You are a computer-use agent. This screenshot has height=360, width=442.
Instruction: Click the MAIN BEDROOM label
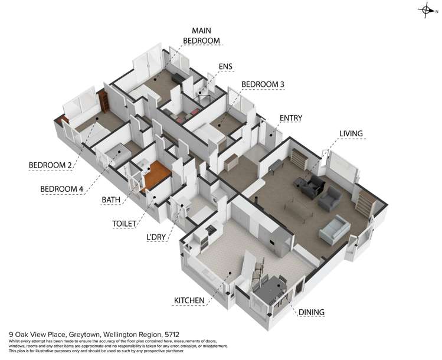[201, 35]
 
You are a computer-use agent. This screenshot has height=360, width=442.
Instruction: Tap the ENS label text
[225, 66]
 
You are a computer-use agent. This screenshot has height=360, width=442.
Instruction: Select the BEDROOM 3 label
[263, 84]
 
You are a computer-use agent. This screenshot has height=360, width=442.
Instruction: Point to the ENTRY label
[290, 118]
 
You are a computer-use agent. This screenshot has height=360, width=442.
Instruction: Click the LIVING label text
[351, 133]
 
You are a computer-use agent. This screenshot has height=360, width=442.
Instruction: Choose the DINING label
[311, 312]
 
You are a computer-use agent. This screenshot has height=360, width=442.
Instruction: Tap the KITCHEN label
[189, 300]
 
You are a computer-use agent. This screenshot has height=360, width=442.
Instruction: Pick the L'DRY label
[156, 237]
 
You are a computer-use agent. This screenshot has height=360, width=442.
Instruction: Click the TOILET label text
[125, 224]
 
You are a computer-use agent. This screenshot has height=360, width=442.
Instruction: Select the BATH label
[111, 200]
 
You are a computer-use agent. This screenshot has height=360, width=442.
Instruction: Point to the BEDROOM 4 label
[62, 189]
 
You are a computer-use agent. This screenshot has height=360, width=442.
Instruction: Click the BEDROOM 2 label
[50, 165]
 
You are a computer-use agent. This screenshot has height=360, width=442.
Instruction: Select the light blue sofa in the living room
[335, 230]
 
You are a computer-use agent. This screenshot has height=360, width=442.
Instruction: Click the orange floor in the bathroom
[157, 174]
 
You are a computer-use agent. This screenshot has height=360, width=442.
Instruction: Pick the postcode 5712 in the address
[172, 335]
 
